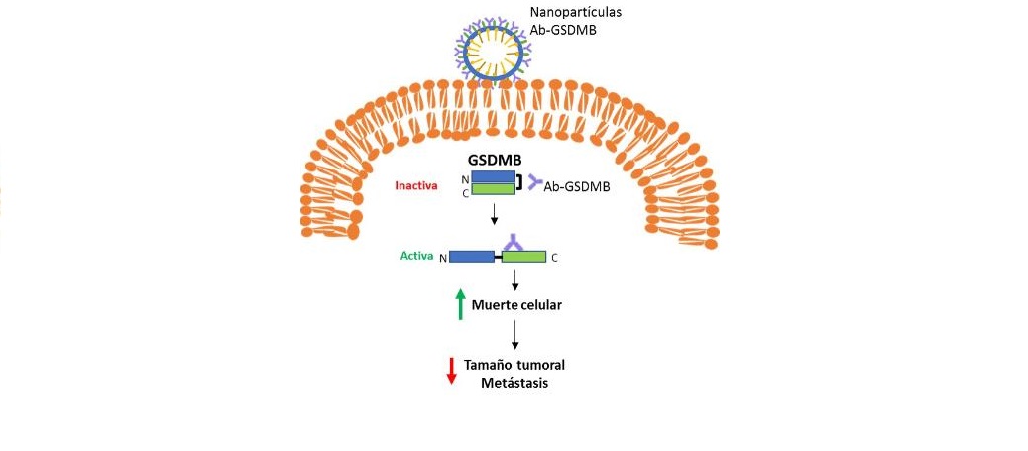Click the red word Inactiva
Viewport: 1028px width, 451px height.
tap(416, 185)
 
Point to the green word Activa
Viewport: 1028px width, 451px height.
tap(415, 256)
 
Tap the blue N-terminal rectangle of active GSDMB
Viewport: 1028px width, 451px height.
tap(471, 257)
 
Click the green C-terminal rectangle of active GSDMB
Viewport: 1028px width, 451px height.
tap(523, 257)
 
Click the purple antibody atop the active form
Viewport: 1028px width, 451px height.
tap(513, 241)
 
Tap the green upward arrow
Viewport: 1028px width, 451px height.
tap(460, 304)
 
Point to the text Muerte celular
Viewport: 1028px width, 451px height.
tap(516, 305)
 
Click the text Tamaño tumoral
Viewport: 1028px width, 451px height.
tap(514, 366)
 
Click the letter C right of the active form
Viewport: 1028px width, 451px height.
tap(554, 258)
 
